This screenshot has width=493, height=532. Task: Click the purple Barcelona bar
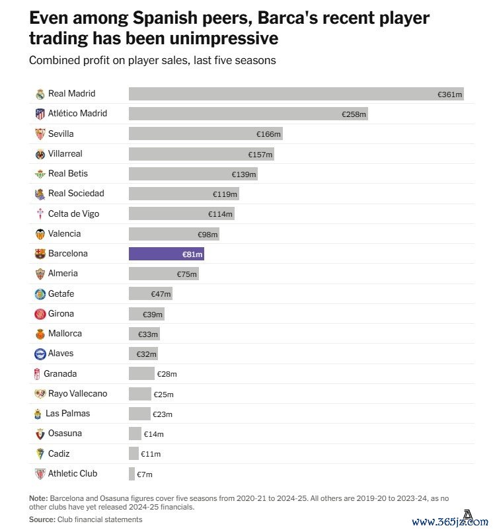click(166, 254)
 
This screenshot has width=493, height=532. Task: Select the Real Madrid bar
click(296, 94)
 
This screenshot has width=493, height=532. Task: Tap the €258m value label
click(354, 114)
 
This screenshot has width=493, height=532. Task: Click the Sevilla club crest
click(40, 134)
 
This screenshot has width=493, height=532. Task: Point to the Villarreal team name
click(65, 154)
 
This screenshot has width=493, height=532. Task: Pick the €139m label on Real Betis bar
click(244, 174)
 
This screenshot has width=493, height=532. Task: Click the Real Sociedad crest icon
click(40, 194)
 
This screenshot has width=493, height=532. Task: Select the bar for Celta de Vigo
click(181, 214)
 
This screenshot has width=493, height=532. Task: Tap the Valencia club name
click(64, 234)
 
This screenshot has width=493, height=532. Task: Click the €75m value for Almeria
click(187, 274)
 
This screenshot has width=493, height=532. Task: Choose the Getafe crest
click(40, 294)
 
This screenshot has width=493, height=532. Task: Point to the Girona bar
click(146, 314)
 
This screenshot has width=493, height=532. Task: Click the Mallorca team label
click(65, 334)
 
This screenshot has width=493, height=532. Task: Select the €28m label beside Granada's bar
click(167, 374)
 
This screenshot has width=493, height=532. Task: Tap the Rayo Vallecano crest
click(40, 394)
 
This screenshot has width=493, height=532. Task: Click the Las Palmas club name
click(67, 414)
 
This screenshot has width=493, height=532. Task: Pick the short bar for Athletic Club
click(132, 474)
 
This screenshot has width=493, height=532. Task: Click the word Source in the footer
click(41, 520)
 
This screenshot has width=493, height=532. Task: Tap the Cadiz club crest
click(40, 454)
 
